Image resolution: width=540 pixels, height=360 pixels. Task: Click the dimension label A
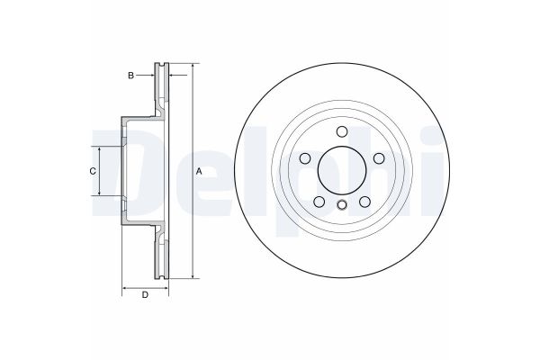click(200, 171)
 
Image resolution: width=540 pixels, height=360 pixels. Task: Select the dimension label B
click(130, 76)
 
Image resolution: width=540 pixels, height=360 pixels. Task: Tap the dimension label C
click(92, 171)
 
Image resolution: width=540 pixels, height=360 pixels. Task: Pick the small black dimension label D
click(144, 295)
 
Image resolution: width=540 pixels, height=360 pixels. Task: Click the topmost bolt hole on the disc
click(341, 131)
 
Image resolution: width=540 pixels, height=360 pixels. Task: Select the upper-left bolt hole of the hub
click(303, 159)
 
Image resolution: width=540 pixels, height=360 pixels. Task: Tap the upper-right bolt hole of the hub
click(379, 159)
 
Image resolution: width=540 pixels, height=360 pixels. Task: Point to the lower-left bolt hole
click(318, 203)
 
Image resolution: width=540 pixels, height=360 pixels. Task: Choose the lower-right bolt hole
click(364, 203)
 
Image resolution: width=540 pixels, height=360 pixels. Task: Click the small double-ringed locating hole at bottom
click(341, 207)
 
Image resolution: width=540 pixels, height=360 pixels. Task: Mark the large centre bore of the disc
click(341, 171)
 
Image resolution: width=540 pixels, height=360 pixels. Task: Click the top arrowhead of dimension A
click(193, 67)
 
